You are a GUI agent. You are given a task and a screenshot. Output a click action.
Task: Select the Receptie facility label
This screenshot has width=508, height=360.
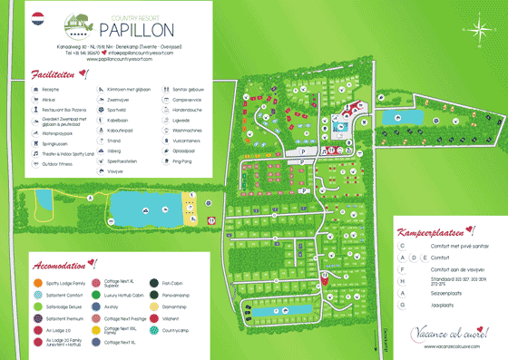pyautogui.click(x=50, y=91)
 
